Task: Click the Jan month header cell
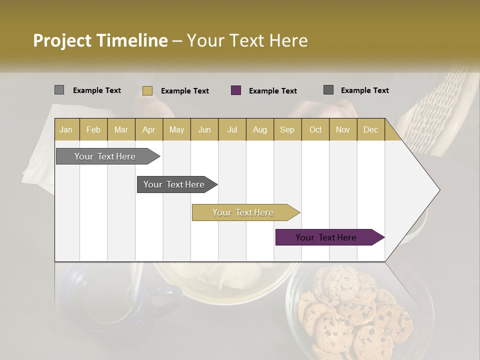click(66, 129)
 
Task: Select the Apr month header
click(149, 129)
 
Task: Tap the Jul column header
click(232, 129)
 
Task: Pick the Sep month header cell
click(287, 129)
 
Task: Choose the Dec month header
click(370, 129)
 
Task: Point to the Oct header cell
click(315, 129)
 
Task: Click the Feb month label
click(93, 129)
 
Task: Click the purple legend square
click(236, 90)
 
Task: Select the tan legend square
click(147, 90)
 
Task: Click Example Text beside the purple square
click(272, 91)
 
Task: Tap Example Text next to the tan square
click(184, 91)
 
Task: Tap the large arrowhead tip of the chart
click(430, 190)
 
